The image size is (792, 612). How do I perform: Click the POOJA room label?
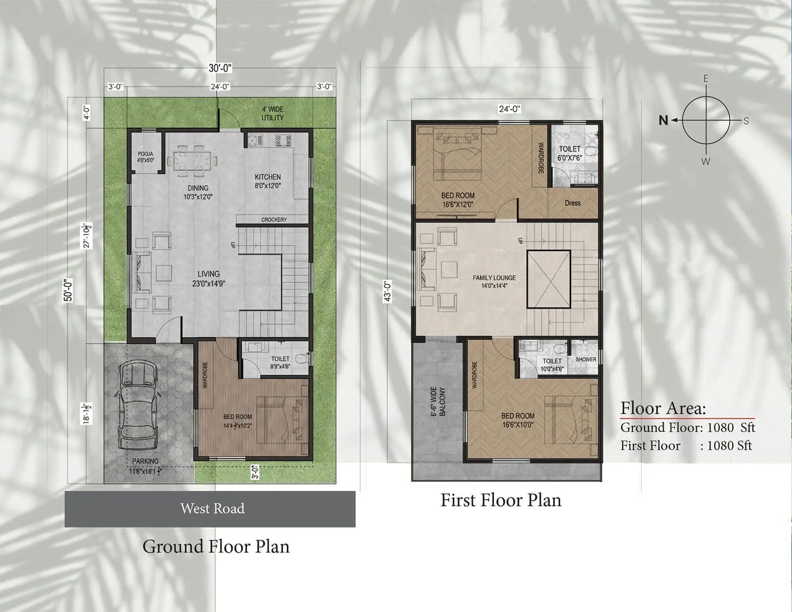pos(146,157)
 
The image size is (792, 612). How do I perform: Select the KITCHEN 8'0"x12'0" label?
pos(268,181)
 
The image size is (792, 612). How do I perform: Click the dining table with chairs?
pos(193,161)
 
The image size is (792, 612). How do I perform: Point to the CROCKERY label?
pos(274,219)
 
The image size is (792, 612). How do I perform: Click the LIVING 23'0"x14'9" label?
pos(209,278)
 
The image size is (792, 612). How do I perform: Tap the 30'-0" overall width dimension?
pos(220,68)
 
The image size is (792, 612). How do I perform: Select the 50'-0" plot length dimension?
pos(68,290)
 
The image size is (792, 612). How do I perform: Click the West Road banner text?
pos(212,509)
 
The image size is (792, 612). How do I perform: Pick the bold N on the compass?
pos(663,120)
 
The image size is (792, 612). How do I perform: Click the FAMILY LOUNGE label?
pos(494,281)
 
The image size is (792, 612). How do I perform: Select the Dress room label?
pos(572,203)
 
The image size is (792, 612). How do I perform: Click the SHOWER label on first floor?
pos(586,359)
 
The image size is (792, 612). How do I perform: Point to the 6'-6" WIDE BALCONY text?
pos(438,401)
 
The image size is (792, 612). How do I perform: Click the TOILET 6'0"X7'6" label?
pos(569,153)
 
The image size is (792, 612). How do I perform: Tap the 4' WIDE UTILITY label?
pos(272,113)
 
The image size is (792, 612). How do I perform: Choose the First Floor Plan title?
pos(501,500)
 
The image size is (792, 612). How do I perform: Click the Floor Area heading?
pos(663,408)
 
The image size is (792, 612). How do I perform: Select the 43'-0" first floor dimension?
pos(388,291)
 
